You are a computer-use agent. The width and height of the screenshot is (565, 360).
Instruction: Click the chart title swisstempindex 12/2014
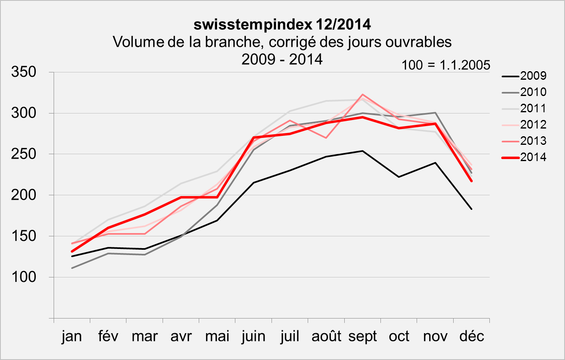pos(282,24)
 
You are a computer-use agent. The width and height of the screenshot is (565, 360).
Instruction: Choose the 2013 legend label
pos(533,141)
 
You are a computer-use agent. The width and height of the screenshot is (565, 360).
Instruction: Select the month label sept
pos(363,337)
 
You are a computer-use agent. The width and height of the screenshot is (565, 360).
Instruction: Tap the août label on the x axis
pos(326,337)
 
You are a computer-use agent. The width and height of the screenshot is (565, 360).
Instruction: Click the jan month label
pos(72,337)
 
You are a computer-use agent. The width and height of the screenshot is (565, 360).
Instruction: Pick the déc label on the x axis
pos(472,337)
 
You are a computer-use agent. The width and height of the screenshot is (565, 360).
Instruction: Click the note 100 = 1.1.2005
pos(446,65)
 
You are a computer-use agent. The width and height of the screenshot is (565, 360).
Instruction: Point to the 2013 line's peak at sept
pos(362,94)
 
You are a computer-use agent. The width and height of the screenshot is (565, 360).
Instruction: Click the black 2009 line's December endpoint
pos(472,209)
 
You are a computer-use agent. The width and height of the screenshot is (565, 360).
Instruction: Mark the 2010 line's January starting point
pos(72,268)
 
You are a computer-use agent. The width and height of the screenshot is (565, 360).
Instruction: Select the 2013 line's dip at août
pos(326,138)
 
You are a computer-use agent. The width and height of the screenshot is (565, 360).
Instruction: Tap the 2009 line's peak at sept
pos(362,151)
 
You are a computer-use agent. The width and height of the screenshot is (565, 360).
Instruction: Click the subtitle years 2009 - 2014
pos(282,59)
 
